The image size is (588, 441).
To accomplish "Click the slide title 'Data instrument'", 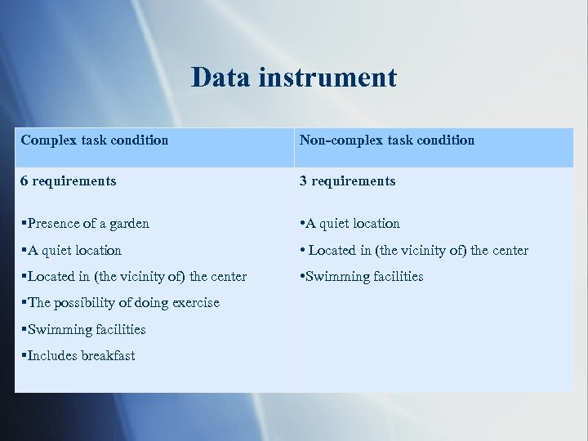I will point(294,78).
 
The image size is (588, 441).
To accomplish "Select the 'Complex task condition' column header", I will point(95,140).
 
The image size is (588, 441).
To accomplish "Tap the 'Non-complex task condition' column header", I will point(386,140).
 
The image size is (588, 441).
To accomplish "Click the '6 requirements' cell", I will point(69,180).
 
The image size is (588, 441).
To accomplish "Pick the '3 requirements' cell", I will point(347,180).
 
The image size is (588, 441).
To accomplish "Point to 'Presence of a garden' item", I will point(87,223).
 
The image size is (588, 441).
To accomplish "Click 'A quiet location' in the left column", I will point(73,250).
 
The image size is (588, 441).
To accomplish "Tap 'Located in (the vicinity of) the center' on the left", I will point(136,276).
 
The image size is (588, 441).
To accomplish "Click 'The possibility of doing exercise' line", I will point(122,302).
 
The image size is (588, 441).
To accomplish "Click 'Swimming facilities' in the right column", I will point(363,276).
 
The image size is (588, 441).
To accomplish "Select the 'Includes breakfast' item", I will point(80,355).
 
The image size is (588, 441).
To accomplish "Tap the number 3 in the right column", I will point(303,180).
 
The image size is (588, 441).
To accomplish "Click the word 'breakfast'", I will point(108,355).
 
